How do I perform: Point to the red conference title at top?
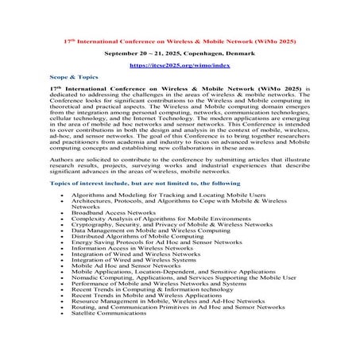click(180, 38)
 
